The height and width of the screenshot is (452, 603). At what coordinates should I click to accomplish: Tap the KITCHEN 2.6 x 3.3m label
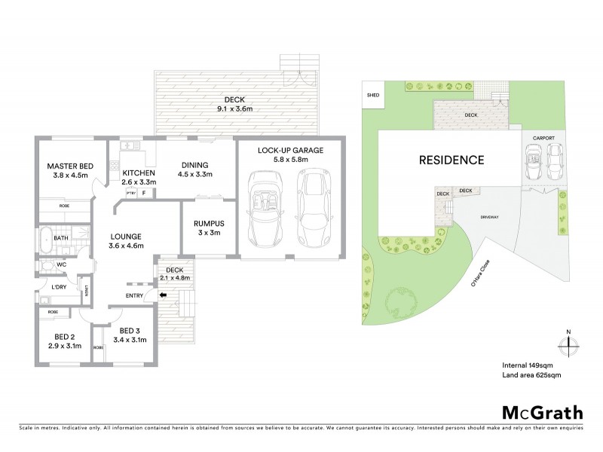[x=139, y=177]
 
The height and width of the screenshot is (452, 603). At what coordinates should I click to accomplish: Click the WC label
[x=63, y=265]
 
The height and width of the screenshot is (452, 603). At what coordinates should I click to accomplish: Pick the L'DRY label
[x=60, y=287]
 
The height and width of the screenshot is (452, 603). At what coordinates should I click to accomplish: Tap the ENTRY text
[x=135, y=295]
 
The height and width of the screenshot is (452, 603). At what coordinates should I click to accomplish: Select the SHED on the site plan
[x=372, y=96]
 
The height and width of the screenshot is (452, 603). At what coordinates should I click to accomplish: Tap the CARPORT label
[x=543, y=139]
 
